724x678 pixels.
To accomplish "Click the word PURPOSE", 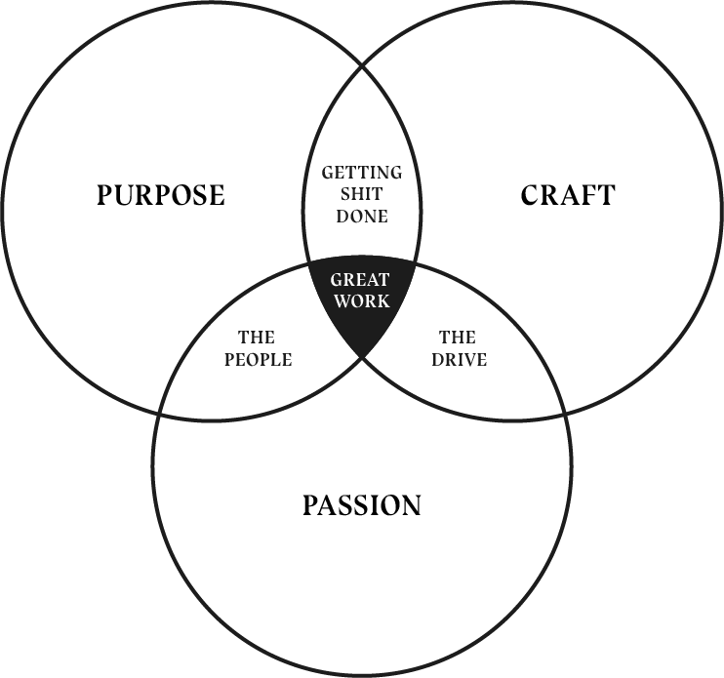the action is (x=160, y=195).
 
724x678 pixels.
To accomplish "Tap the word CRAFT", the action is (x=568, y=195).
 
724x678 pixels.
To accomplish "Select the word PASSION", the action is (x=361, y=505).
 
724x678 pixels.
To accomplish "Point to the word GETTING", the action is (x=362, y=174).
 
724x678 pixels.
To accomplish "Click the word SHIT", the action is (x=362, y=195).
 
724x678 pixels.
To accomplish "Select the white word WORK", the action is (x=362, y=301).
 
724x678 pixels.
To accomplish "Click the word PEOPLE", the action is (x=257, y=360).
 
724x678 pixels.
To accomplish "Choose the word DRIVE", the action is (x=458, y=360).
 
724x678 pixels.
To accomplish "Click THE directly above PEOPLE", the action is (x=257, y=339).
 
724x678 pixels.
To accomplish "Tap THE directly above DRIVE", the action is (x=458, y=339).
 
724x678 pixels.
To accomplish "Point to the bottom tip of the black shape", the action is (x=363, y=355).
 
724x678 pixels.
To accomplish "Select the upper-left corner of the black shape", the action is (x=307, y=261).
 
